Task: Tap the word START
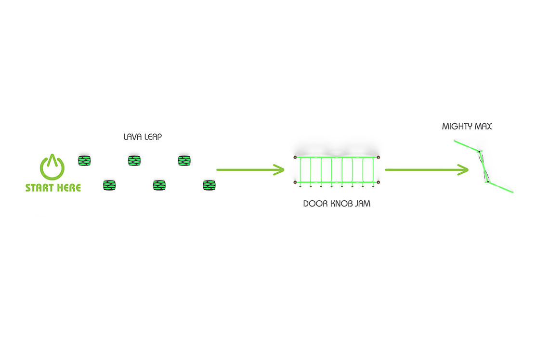click(39, 188)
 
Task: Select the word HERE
click(69, 188)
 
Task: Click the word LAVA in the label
click(132, 137)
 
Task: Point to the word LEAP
click(153, 137)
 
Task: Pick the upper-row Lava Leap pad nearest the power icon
click(84, 161)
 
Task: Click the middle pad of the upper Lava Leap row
click(134, 161)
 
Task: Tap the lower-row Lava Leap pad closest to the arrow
click(209, 185)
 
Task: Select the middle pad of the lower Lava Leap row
click(159, 185)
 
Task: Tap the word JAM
click(363, 204)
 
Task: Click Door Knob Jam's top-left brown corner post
click(295, 157)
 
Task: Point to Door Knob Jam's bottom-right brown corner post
click(378, 182)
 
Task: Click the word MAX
click(484, 126)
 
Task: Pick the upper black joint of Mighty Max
click(479, 152)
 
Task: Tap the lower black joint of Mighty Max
click(488, 182)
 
